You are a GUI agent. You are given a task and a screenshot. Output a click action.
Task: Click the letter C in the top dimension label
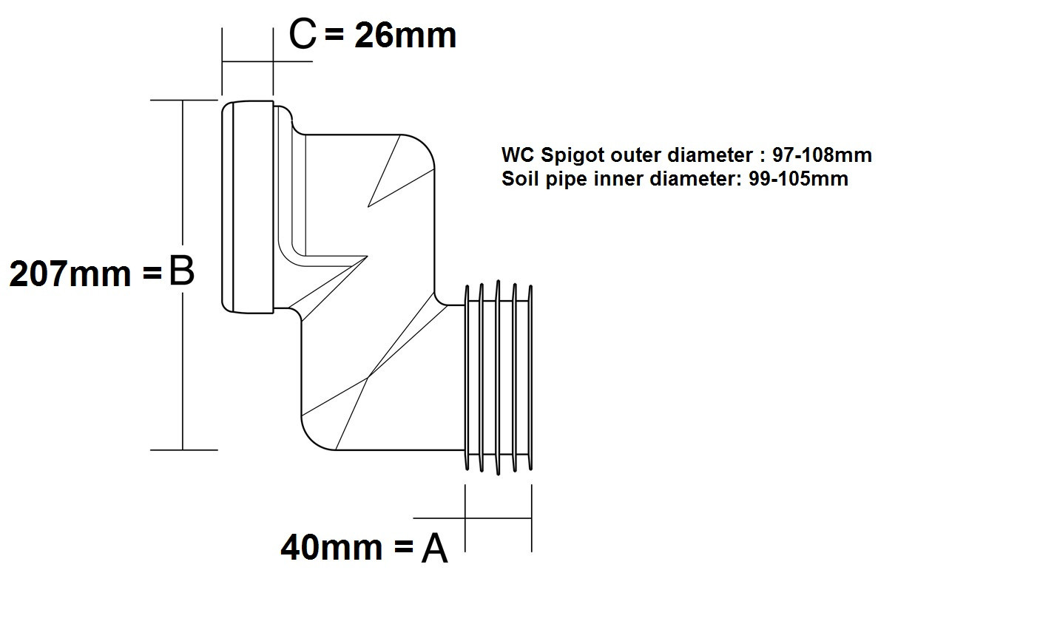[302, 34]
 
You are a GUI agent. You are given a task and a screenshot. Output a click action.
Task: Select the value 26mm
[405, 35]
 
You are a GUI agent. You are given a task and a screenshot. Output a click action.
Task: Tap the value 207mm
[70, 274]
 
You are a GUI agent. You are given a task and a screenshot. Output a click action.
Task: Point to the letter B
[181, 271]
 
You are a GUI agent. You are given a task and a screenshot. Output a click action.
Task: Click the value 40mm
[332, 548]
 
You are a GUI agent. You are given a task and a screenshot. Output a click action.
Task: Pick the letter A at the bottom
[434, 549]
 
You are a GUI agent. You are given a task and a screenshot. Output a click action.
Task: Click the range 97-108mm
[822, 155]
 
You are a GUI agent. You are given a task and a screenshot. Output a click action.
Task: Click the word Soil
[518, 178]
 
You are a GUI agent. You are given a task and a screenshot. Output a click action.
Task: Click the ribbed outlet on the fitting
[498, 376]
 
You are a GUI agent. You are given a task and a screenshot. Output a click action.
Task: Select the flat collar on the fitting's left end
[248, 206]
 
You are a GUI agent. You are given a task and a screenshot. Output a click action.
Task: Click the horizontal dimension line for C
[266, 61]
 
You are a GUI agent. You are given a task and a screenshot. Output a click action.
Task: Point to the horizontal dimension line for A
[473, 518]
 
